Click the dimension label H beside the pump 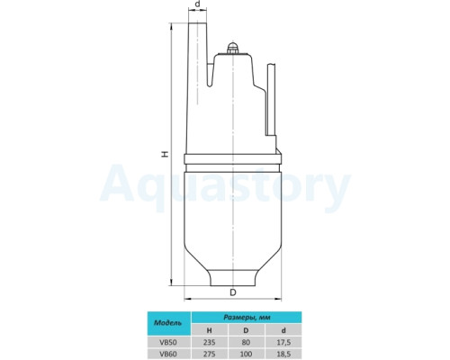[x=165, y=154]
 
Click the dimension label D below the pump [x=233, y=292]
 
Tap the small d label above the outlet [x=197, y=4]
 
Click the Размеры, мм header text [x=247, y=318]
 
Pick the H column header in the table [x=210, y=330]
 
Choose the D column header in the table [x=246, y=330]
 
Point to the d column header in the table [x=283, y=330]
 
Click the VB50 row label [x=168, y=342]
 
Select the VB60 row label [x=168, y=354]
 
